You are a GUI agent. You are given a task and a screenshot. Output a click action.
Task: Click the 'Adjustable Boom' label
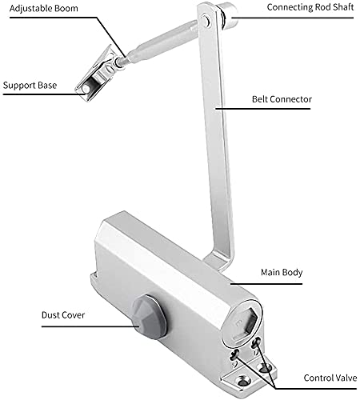44,8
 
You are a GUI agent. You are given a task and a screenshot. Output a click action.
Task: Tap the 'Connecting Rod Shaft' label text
310,7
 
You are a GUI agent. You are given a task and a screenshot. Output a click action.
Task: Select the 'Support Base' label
30,86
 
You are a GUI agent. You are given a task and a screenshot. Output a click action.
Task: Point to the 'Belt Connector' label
282,99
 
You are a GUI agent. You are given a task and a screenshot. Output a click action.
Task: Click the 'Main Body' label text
282,272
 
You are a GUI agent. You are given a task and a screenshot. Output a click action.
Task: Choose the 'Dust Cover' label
63,315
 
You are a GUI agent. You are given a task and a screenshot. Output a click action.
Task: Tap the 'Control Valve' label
330,378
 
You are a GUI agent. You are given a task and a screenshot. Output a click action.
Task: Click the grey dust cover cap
150,317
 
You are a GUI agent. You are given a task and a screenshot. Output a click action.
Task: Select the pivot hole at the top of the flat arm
206,20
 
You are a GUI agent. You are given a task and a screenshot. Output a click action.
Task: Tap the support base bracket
97,74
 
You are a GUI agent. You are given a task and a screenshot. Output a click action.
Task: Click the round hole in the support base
86,89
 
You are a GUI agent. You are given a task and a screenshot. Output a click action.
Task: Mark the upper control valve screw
256,342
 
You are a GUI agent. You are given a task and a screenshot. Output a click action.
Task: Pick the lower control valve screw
234,354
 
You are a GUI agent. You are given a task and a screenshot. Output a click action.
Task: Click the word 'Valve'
345,378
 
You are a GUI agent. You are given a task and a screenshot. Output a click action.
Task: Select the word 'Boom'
67,8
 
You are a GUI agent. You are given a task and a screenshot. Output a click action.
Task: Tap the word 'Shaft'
342,7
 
